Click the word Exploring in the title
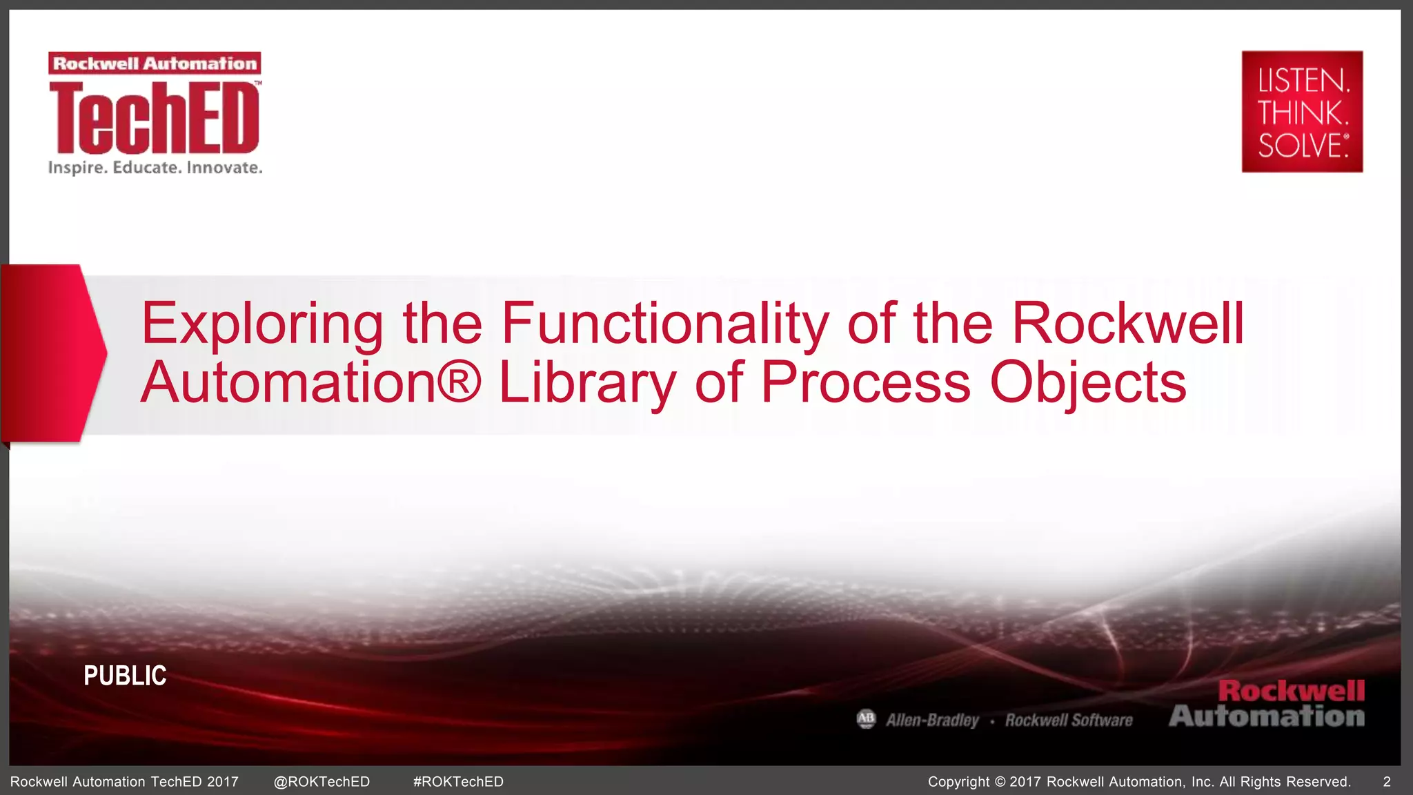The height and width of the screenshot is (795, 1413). click(x=262, y=324)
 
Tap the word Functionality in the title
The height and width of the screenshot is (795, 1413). click(x=664, y=324)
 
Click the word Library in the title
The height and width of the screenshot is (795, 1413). click(x=587, y=383)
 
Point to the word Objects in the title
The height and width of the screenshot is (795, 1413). click(x=1088, y=383)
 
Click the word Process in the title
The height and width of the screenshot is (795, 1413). click(x=865, y=383)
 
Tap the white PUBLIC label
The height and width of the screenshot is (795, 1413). click(x=125, y=676)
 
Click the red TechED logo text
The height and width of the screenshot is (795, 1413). click(x=155, y=118)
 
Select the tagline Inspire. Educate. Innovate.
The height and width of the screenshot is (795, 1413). click(x=155, y=168)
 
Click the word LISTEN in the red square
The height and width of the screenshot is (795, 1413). click(x=1302, y=81)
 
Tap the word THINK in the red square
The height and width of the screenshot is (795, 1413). click(x=1301, y=113)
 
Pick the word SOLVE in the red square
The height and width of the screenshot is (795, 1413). click(x=1301, y=146)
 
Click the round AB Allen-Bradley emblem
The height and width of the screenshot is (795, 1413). click(x=866, y=719)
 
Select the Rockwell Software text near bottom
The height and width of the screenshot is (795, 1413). click(x=1069, y=720)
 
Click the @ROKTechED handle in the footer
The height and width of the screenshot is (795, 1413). click(x=322, y=782)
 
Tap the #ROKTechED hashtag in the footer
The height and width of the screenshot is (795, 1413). click(x=458, y=782)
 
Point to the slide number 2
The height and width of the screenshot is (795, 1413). click(x=1387, y=782)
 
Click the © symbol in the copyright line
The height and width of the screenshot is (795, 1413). click(x=1000, y=782)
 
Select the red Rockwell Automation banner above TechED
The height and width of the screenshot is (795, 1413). click(x=155, y=63)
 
